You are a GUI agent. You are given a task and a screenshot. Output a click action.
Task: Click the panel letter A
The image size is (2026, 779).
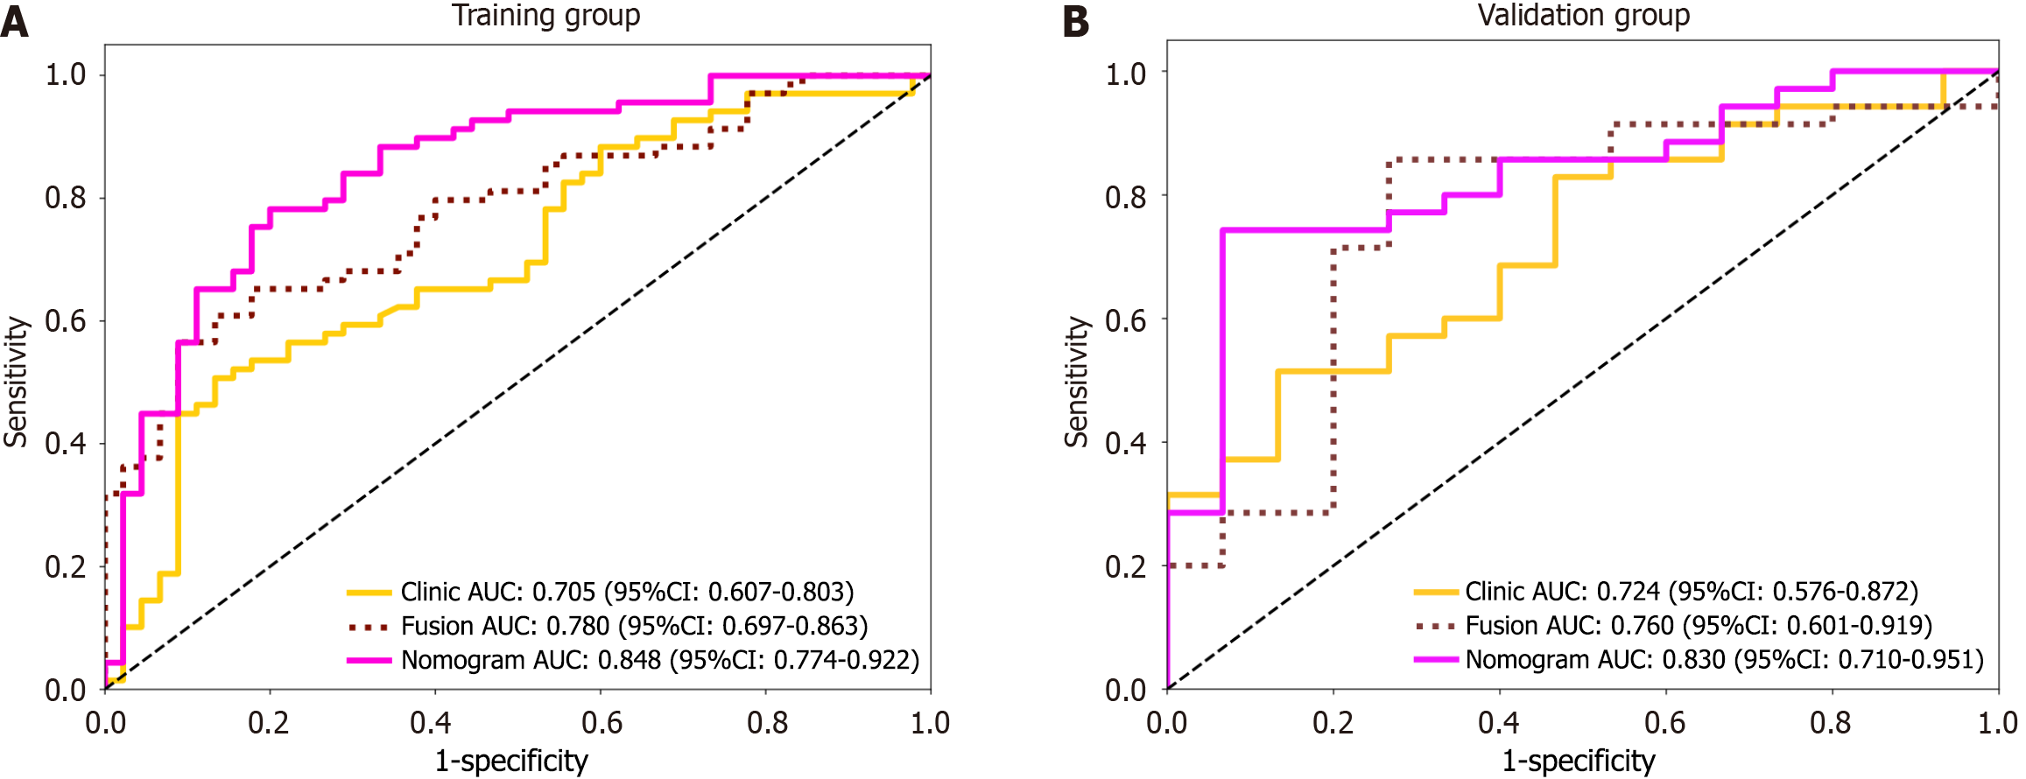click(x=15, y=22)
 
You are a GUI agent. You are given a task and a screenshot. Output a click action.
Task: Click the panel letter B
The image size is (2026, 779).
click(x=1076, y=22)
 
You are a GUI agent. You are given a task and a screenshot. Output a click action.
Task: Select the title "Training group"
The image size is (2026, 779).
click(x=545, y=16)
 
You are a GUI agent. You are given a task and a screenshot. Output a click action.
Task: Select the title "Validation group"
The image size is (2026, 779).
click(x=1583, y=16)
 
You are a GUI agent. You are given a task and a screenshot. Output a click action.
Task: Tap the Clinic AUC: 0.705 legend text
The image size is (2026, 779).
click(x=627, y=593)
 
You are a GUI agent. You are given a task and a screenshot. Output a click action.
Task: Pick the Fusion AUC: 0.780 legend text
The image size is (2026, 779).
click(x=634, y=627)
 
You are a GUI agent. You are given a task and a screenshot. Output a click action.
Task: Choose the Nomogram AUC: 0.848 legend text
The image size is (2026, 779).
click(x=660, y=660)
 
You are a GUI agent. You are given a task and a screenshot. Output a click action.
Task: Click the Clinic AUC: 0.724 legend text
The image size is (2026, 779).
click(x=1692, y=592)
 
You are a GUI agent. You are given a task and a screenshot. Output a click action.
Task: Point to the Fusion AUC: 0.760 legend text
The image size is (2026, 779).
click(x=1699, y=626)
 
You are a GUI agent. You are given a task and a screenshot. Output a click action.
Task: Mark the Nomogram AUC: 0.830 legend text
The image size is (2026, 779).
click(x=1725, y=659)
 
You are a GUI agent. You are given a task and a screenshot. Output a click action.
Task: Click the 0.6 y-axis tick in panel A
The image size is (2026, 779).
click(x=66, y=321)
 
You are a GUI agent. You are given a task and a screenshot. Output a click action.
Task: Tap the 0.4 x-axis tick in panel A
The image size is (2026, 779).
click(x=432, y=723)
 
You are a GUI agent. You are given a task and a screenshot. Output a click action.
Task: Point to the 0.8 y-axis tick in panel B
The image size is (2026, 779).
click(x=1126, y=197)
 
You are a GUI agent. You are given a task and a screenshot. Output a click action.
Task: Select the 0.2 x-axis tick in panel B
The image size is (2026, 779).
click(x=1333, y=723)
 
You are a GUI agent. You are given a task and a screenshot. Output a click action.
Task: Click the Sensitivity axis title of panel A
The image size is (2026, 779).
click(x=17, y=382)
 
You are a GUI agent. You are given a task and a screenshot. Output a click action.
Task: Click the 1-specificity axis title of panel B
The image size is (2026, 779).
click(x=1579, y=761)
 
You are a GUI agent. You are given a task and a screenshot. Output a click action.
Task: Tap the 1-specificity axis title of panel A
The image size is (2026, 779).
click(x=511, y=761)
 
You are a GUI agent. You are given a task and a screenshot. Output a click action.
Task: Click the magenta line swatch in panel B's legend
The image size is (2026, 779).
click(x=1436, y=659)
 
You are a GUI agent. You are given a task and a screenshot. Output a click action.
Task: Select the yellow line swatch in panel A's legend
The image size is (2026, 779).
click(x=369, y=593)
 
